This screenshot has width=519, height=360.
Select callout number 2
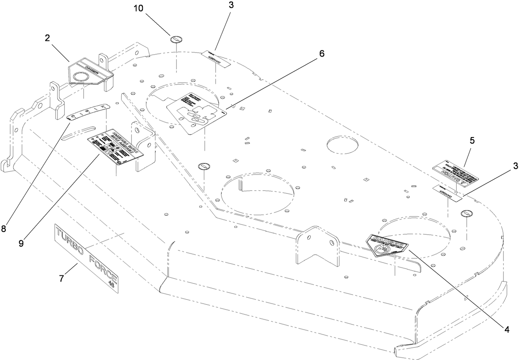coord(47,38)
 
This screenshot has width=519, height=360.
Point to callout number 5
coord(472,140)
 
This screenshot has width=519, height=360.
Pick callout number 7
coord(61,279)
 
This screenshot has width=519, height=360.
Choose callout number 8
coord(4,228)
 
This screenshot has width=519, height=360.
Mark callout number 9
coord(21,243)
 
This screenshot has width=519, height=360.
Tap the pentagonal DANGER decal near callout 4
coord(387,244)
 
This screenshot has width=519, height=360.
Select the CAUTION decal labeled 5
coord(455,174)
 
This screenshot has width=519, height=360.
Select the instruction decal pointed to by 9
coord(115,148)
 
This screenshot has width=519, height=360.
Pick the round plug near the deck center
coord(204,166)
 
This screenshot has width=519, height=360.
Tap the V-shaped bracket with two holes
coord(317,247)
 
